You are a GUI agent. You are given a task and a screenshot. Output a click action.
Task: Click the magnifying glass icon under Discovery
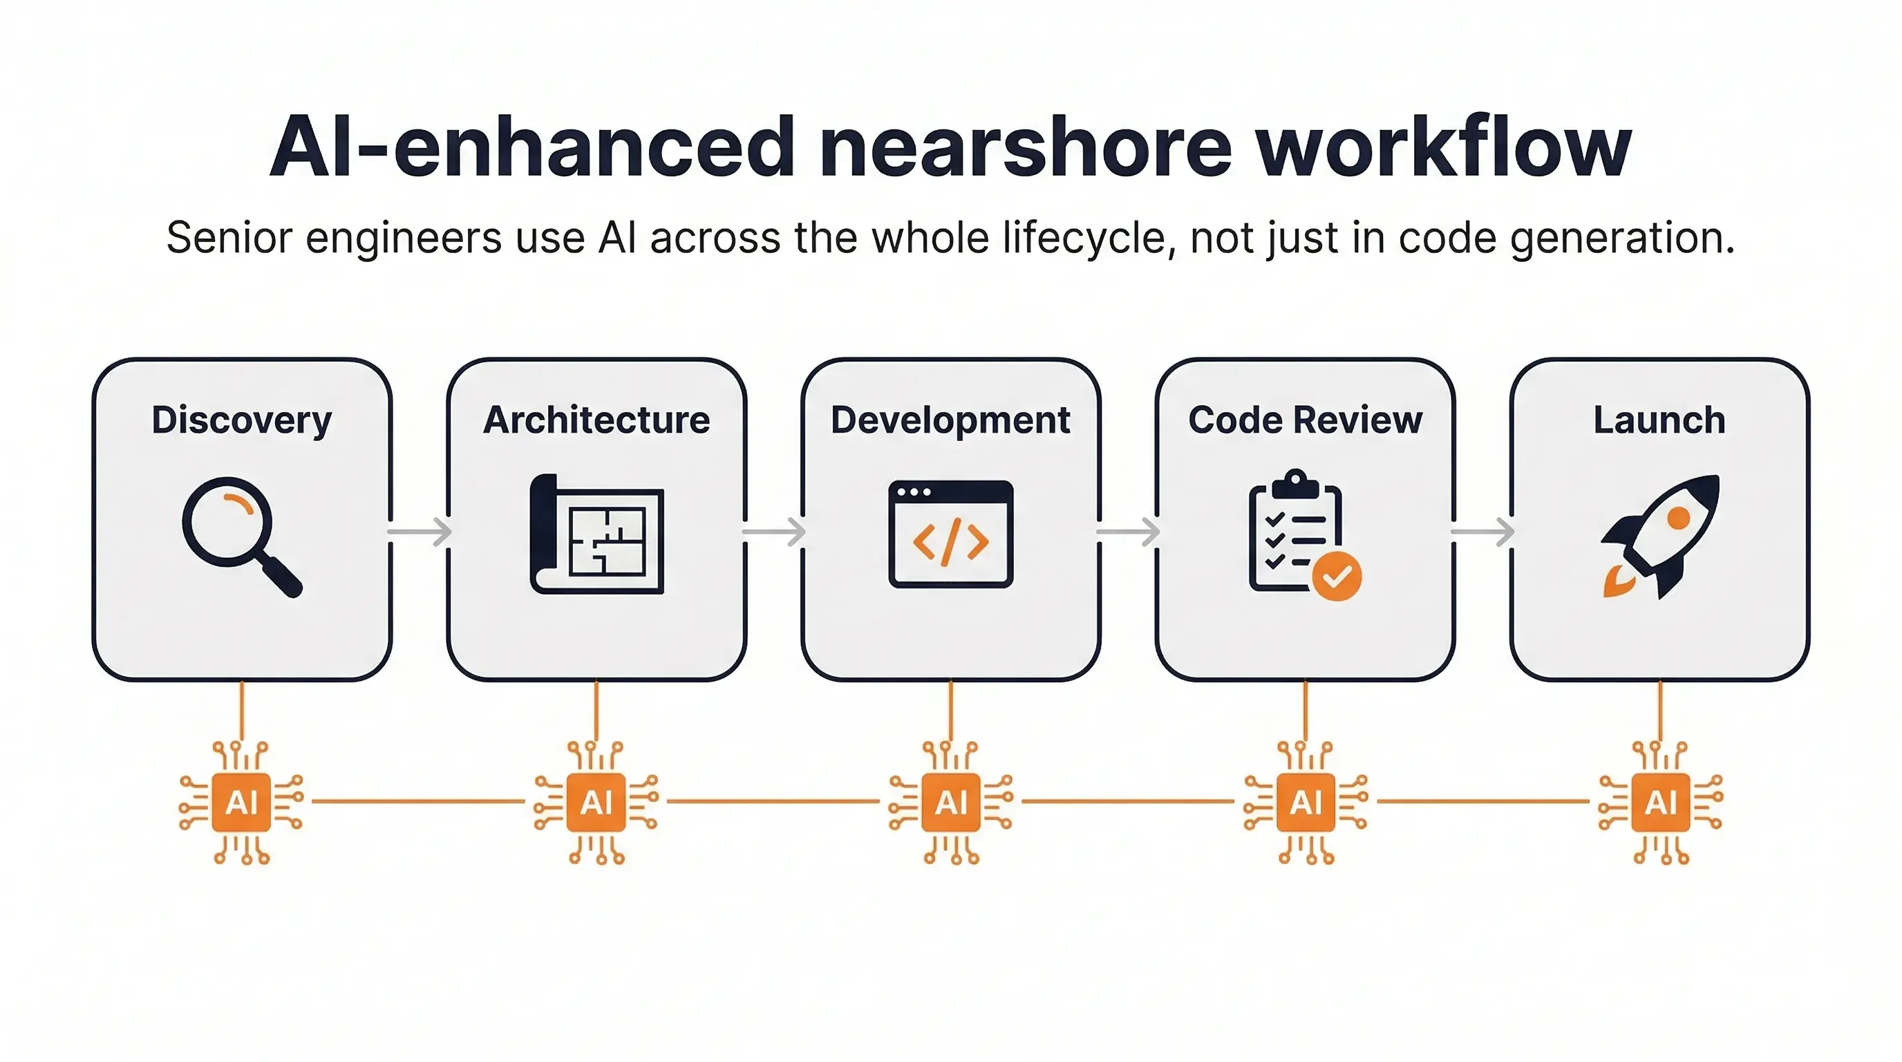(238, 533)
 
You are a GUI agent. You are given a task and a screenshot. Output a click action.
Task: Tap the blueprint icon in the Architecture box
(597, 534)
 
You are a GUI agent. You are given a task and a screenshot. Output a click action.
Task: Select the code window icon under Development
(951, 534)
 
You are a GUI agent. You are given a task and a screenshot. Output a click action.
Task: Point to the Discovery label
(241, 420)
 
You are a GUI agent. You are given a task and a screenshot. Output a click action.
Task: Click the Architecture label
(596, 420)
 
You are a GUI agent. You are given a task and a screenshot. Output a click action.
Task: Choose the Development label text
(950, 420)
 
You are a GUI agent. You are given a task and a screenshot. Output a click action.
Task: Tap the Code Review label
(1305, 420)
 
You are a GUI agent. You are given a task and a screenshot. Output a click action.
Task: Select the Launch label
(1659, 420)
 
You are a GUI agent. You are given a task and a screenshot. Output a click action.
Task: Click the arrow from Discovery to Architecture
(420, 532)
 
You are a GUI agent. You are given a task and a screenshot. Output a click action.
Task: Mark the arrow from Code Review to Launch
(1482, 532)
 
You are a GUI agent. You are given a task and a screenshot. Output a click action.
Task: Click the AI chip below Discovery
(241, 802)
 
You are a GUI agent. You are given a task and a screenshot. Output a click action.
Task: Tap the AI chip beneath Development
(951, 802)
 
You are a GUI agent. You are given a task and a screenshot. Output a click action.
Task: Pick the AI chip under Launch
(1661, 802)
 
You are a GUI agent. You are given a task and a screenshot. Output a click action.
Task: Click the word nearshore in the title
(1025, 148)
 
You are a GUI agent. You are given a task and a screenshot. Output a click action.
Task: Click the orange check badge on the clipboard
(1337, 576)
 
